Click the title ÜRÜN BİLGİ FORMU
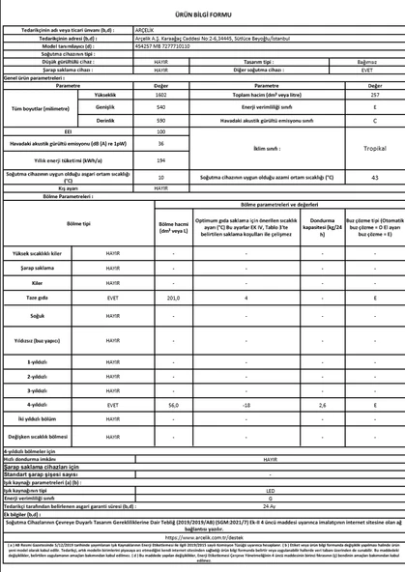(202, 14)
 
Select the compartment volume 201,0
(174, 300)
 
